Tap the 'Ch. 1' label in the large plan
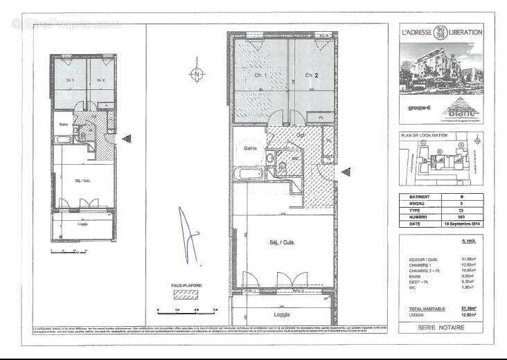260,75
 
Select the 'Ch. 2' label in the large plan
310,75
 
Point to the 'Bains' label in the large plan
249,147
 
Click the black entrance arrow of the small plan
126,139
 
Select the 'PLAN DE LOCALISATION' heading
425,135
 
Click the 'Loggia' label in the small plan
82,224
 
